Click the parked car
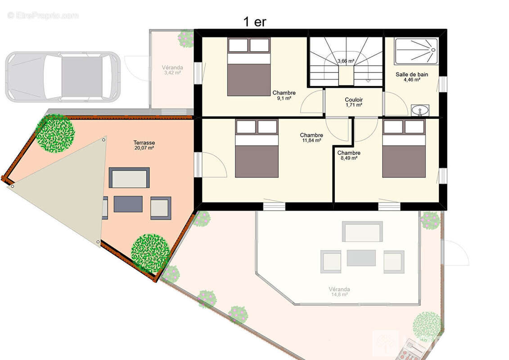(x=63, y=76)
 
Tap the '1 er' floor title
(x=255, y=22)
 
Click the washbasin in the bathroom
(x=420, y=110)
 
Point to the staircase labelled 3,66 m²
(x=346, y=61)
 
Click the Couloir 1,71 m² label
(x=354, y=102)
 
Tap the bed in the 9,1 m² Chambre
(x=248, y=67)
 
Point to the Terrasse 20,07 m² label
(x=144, y=145)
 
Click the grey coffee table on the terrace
(x=128, y=204)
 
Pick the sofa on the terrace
(x=129, y=178)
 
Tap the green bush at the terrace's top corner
(x=55, y=133)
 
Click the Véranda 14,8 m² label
(x=339, y=292)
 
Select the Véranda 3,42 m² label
(x=171, y=70)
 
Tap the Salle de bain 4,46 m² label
(x=412, y=77)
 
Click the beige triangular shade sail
(x=68, y=189)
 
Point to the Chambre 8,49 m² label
(x=349, y=155)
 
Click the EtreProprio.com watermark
(x=43, y=16)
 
